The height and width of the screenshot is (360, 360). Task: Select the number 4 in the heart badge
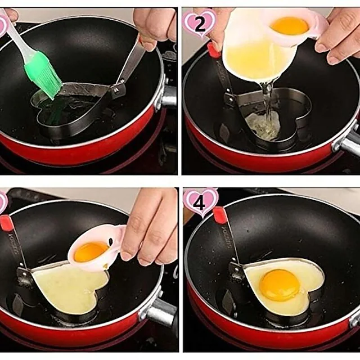click(200, 202)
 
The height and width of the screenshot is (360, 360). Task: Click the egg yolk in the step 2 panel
click(289, 25)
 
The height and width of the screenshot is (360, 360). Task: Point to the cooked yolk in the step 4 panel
click(279, 285)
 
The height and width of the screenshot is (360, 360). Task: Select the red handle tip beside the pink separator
click(6, 224)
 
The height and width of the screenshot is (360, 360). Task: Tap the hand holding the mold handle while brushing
click(155, 25)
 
